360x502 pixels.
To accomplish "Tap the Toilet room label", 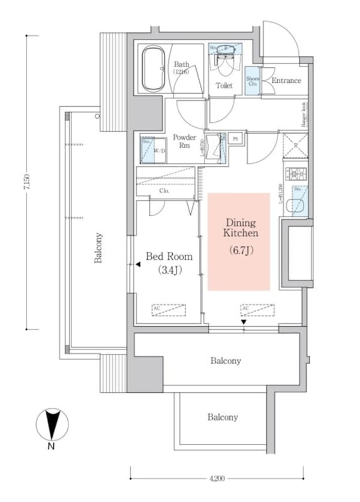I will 224,86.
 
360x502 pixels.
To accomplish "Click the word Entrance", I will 286,80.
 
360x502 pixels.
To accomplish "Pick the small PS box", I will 236,137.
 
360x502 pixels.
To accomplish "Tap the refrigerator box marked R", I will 296,145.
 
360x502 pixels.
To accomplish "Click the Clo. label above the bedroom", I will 164,191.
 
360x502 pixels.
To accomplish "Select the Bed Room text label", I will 169,257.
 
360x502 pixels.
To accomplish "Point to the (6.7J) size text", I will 241,251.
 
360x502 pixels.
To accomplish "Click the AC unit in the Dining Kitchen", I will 258,309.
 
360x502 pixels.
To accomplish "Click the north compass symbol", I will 52,423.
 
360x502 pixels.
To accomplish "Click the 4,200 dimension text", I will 217,478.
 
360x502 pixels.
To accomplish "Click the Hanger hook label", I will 305,115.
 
